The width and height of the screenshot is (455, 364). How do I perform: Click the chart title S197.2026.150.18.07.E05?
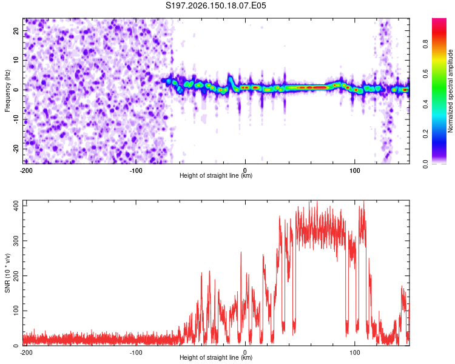coord(215,5)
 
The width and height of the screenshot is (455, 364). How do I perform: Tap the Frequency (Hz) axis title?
coord(7,91)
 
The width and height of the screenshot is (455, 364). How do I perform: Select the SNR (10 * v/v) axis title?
coord(7,273)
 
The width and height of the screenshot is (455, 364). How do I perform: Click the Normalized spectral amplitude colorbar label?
coord(450,91)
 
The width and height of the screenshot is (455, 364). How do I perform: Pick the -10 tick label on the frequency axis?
coord(16,120)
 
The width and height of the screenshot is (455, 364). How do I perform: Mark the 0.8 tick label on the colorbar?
coord(425,44)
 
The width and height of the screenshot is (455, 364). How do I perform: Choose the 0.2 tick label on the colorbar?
coord(425,134)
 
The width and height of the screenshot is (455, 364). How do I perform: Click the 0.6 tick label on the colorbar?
coord(425,74)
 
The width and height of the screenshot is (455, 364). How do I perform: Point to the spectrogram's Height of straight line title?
coord(216,175)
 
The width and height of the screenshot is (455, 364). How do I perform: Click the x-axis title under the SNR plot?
coord(216,357)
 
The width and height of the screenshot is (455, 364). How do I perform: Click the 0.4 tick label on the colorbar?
coord(425,104)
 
